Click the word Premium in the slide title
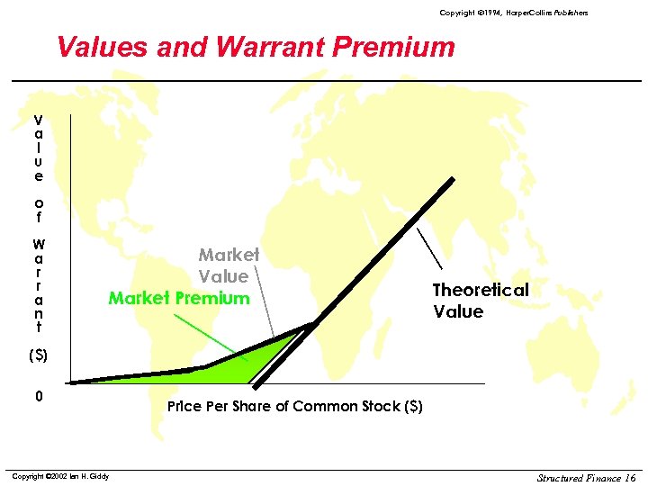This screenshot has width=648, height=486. click(398, 47)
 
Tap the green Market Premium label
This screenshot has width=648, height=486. click(178, 298)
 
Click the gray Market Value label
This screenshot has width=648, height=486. click(228, 265)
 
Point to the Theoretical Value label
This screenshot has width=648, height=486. click(480, 301)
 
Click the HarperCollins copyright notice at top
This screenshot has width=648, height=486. click(513, 13)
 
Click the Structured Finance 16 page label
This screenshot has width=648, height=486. click(586, 477)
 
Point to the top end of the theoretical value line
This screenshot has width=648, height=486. click(452, 176)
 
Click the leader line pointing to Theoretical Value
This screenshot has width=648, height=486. click(429, 247)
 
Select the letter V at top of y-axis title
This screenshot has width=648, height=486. click(38, 119)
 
